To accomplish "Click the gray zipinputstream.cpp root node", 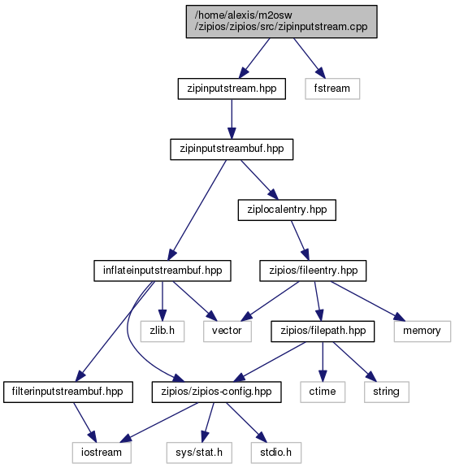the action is point(282,21).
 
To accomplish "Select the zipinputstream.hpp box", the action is point(232,89).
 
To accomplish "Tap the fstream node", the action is point(332,89).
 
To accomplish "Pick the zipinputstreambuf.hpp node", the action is point(232,149).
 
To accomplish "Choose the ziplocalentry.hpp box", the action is point(287,210).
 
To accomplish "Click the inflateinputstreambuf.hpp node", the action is point(162,271).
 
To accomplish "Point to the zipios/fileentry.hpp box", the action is point(313,271).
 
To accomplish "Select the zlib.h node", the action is point(162,331).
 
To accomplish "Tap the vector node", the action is point(227,331).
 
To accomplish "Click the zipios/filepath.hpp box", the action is point(323,331).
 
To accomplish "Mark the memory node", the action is point(422,331).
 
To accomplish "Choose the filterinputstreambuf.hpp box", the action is point(68,392).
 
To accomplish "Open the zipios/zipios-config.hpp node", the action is point(216,392).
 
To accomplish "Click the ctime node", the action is point(323,392).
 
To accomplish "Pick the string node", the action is point(387,392).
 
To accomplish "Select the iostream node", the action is point(102,453).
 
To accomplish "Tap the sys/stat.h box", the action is point(199,453).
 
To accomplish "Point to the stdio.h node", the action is point(276,453).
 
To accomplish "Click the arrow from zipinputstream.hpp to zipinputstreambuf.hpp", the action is point(232,119).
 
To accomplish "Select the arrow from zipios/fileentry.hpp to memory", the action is point(368,301).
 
